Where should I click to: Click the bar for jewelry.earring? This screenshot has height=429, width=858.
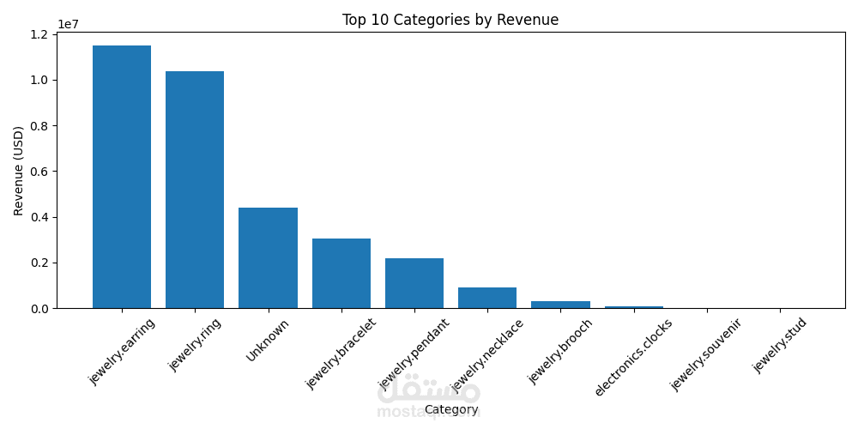[x=122, y=177]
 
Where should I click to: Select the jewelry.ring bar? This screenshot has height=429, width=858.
[x=195, y=190]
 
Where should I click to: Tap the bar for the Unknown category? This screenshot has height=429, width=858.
[x=268, y=257]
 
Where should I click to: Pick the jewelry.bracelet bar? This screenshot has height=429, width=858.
[x=341, y=273]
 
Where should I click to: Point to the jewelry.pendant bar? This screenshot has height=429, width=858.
[x=414, y=283]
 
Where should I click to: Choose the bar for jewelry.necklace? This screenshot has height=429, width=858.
[x=487, y=298]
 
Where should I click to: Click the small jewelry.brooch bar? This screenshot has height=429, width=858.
[x=560, y=304]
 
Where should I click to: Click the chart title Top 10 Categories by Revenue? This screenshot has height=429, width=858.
[x=450, y=20]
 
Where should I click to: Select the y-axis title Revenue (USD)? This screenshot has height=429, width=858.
[x=19, y=170]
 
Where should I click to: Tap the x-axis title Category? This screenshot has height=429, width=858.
[x=451, y=410]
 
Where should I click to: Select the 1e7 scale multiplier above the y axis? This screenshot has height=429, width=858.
[x=69, y=25]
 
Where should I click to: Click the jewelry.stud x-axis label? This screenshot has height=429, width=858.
[x=780, y=345]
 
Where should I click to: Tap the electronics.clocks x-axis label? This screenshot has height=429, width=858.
[x=633, y=358]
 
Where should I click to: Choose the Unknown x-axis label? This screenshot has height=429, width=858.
[x=268, y=340]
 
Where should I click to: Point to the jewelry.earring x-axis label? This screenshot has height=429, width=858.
[x=122, y=352]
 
